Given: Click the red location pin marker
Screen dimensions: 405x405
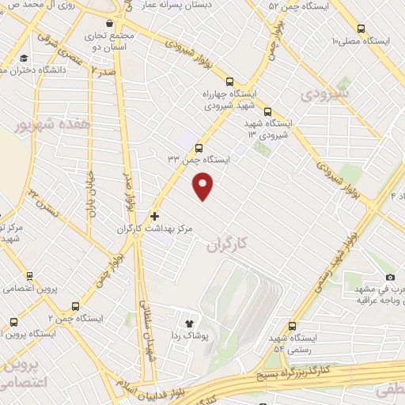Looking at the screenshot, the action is point(204,187).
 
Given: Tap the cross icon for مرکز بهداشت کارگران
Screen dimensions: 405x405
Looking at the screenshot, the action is point(154,215).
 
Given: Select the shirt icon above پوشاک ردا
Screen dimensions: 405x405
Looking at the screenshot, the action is point(188,323).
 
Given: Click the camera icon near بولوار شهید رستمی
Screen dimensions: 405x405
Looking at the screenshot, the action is point(390,277).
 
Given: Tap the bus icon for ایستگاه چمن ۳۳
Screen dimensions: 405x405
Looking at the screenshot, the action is point(198,147).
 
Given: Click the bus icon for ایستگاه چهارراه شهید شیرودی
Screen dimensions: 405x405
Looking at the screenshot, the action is point(229,81).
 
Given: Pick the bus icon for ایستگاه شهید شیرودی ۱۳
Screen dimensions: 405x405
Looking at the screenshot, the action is point(267,112).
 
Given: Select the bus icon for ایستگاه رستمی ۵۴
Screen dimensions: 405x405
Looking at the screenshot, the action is point(292,325).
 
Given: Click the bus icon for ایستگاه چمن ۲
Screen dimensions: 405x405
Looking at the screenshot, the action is point(75,305).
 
